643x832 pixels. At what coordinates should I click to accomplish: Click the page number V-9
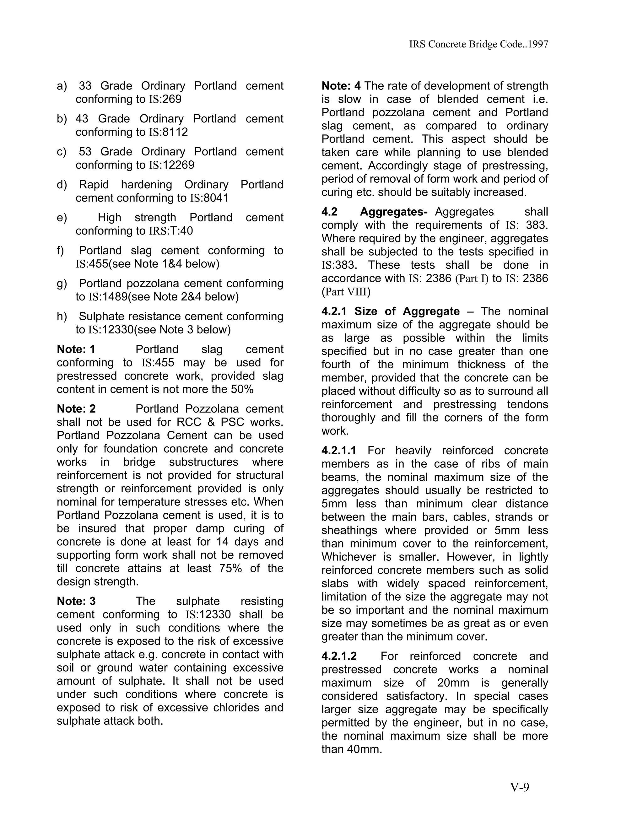(x=520, y=787)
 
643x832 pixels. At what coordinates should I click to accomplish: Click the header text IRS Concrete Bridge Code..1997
(x=478, y=44)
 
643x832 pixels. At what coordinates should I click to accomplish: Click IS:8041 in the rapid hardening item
(x=209, y=198)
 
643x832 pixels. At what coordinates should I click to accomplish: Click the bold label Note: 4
(x=341, y=86)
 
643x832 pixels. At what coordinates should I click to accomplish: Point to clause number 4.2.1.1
(x=339, y=451)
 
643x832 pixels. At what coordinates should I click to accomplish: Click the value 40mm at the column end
(x=364, y=749)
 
